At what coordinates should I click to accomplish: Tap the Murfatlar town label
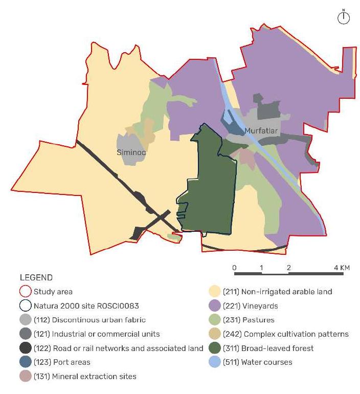[261, 132]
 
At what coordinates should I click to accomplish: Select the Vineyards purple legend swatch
[214, 306]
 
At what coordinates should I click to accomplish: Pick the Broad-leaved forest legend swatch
[214, 348]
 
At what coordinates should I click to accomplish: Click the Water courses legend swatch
[214, 362]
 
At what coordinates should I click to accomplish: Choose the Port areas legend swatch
[26, 362]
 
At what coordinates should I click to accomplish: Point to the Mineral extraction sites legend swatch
[26, 376]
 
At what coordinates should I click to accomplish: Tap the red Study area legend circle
[26, 292]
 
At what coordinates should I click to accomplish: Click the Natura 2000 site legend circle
[26, 306]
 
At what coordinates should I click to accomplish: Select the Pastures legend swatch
[214, 320]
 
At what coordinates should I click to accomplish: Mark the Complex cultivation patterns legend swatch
[214, 334]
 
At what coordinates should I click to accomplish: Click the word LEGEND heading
[36, 278]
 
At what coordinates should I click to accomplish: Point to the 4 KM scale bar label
[342, 268]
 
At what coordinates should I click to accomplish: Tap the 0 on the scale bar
[234, 268]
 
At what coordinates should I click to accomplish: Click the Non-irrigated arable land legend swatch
[214, 292]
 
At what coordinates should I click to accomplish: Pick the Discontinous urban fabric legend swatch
[26, 320]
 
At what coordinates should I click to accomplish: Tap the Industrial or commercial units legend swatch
[26, 334]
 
